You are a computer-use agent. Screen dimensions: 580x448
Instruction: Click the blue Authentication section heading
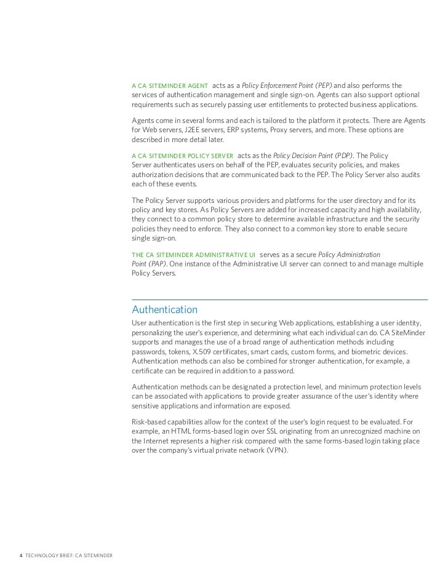[164, 309]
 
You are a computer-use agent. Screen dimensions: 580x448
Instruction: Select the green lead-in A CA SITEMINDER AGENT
[169, 85]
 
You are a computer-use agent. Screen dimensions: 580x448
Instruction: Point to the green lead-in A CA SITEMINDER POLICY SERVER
[182, 156]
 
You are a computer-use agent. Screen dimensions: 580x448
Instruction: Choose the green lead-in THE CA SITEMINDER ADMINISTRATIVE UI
[194, 255]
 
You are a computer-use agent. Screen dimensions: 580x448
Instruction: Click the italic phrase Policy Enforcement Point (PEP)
[287, 85]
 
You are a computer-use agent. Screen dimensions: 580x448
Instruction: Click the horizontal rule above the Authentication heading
[280, 300]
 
